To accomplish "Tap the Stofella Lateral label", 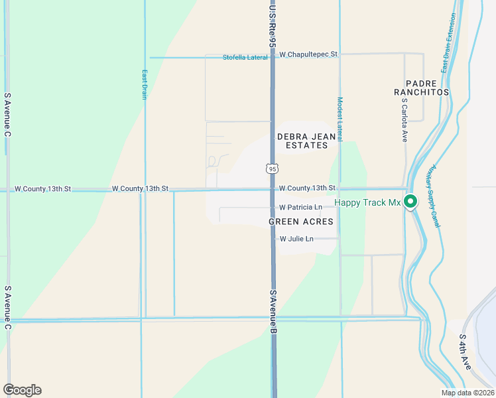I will (245, 57).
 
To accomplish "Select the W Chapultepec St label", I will (308, 54).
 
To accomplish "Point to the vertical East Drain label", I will (144, 85).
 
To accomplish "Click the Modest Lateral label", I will (340, 119).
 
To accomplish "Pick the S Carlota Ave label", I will (404, 120).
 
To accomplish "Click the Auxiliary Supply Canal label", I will (436, 196).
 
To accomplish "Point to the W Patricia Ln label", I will (300, 208).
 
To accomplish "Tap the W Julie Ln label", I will (296, 239).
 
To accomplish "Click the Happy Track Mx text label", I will (367, 202).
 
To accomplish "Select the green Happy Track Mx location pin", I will (410, 201).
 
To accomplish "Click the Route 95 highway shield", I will (273, 168).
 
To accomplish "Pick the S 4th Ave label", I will (465, 352).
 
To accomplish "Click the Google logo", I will (22, 390).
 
